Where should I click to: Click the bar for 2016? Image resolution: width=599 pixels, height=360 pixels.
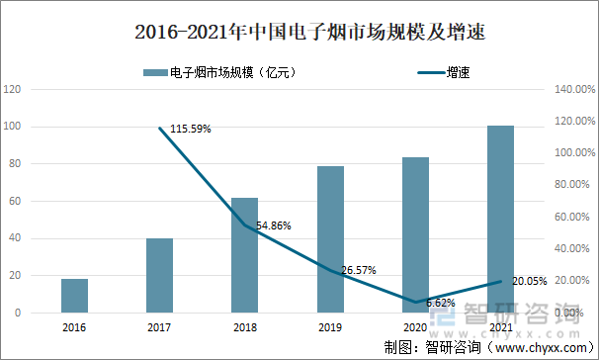point(74,296)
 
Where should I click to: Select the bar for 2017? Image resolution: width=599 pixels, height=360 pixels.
point(159,275)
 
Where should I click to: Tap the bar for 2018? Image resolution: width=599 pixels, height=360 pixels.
point(244,255)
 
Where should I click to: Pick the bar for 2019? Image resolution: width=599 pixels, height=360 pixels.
point(330,239)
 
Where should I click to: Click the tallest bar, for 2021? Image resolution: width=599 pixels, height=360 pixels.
point(500,219)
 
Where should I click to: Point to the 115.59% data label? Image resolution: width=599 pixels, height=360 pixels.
point(191,129)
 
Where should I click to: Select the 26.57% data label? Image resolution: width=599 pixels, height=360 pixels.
point(358,269)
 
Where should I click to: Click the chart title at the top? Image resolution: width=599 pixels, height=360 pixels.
point(299,32)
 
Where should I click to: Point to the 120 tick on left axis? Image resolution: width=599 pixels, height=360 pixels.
point(15,89)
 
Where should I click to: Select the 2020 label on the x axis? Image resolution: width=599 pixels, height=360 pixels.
point(415,326)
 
